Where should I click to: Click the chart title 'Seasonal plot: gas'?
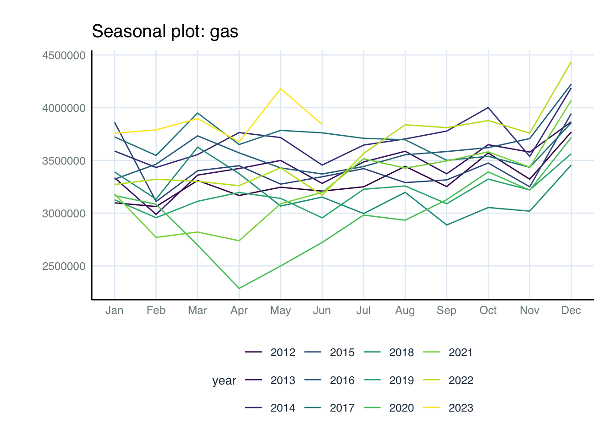click(x=165, y=32)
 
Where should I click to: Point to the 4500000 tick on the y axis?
click(x=64, y=55)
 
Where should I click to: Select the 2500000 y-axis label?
click(x=64, y=266)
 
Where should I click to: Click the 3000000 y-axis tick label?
click(x=64, y=214)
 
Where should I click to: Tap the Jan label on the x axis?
click(x=114, y=311)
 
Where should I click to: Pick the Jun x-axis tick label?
click(x=322, y=311)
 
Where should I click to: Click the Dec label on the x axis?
click(x=571, y=311)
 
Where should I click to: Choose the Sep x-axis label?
click(x=446, y=311)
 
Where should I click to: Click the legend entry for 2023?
click(x=461, y=408)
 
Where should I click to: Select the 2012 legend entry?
click(x=283, y=352)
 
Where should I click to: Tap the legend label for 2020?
click(x=401, y=408)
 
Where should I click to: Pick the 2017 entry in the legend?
click(x=342, y=408)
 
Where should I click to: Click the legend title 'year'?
click(x=224, y=381)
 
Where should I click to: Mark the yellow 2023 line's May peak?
click(x=280, y=88)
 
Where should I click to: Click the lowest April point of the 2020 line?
click(x=239, y=288)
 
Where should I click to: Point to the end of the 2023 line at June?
click(x=322, y=124)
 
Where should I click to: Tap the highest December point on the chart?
click(x=571, y=61)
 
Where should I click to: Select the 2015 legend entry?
click(x=342, y=352)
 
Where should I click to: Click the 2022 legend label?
click(x=461, y=380)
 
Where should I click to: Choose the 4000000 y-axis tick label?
click(x=64, y=108)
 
